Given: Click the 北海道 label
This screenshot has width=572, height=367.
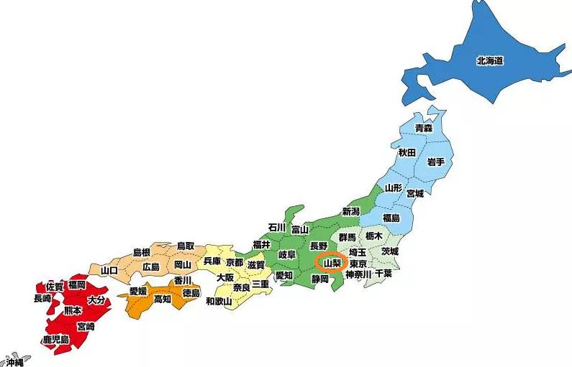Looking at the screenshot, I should (489, 61).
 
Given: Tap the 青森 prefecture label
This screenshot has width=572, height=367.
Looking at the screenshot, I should (424, 128).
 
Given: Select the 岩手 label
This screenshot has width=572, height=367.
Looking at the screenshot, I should (435, 162).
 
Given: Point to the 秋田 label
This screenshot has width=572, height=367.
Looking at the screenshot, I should (407, 153).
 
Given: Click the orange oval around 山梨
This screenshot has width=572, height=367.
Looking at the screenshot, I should (332, 263).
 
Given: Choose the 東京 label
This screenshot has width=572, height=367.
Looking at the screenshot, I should (359, 264).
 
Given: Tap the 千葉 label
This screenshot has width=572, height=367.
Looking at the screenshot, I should (383, 274).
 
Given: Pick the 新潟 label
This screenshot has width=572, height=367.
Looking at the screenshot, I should (350, 211).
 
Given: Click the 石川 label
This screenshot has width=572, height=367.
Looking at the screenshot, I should (277, 227).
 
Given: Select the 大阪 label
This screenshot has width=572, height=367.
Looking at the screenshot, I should (225, 277).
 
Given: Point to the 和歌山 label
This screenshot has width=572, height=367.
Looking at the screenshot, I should (219, 301).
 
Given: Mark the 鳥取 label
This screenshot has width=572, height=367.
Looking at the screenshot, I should (186, 246).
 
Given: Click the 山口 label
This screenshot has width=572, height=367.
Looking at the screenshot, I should (109, 270).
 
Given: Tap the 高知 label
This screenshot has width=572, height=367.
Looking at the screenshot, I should (163, 299).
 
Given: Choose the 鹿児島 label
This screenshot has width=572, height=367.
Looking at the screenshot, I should (55, 339).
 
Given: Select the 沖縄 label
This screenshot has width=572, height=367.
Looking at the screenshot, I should (14, 362).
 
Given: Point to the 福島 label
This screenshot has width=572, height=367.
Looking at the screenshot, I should (391, 218).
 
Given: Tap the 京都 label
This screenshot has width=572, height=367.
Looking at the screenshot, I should (235, 263).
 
